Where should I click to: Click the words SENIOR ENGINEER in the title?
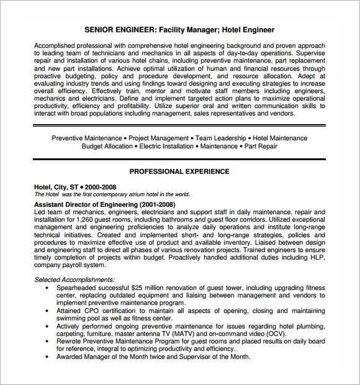(x=119, y=30)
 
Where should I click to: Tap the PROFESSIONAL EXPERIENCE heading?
(x=179, y=171)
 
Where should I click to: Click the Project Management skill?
(x=158, y=138)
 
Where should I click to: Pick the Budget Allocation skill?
(x=107, y=147)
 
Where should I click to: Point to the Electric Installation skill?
(x=166, y=147)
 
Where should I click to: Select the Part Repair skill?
(x=260, y=147)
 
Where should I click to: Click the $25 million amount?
(x=148, y=288)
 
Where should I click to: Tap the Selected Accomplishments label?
(x=74, y=279)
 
